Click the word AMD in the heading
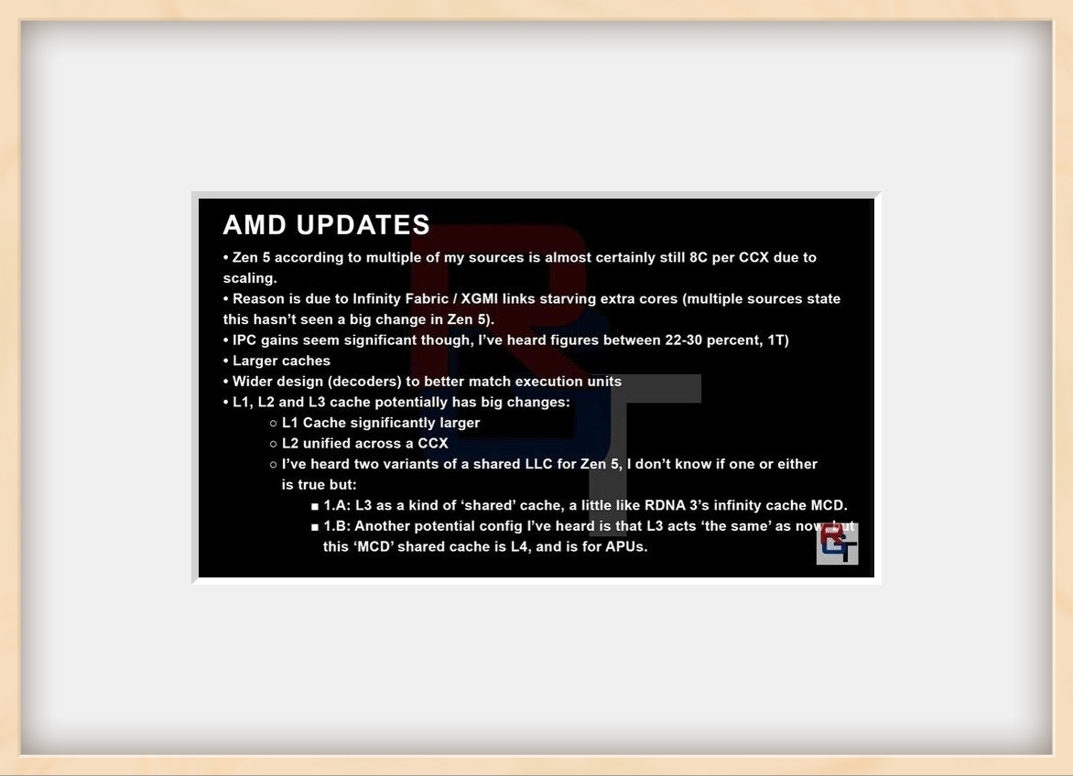255,225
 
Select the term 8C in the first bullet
698,258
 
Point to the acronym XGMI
479,298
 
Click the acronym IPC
244,339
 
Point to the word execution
548,382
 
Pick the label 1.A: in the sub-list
337,505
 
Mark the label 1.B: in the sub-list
336,526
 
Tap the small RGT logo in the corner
838,544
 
